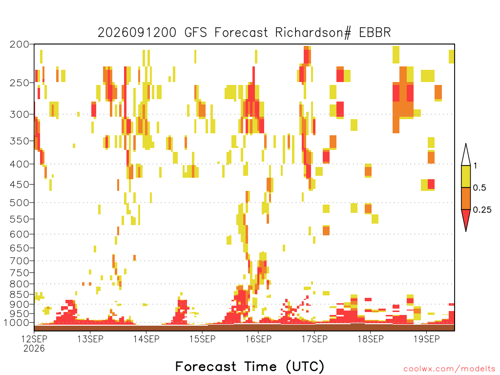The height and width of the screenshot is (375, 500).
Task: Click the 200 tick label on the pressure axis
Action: click(x=20, y=44)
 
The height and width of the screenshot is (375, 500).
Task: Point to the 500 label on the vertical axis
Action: click(x=20, y=203)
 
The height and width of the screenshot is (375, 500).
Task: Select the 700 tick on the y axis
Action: click(x=20, y=261)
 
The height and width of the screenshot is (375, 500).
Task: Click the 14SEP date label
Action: click(x=146, y=339)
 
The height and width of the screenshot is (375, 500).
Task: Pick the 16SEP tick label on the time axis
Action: click(x=259, y=339)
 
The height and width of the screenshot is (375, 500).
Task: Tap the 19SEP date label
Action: click(x=427, y=339)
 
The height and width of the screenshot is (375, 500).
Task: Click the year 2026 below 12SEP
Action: click(x=34, y=349)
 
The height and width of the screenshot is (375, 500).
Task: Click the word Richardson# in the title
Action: click(x=313, y=33)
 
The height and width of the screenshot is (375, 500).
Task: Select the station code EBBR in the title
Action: click(x=375, y=33)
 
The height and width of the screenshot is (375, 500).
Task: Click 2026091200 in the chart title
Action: click(x=137, y=33)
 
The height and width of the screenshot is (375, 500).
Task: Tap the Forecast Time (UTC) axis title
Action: click(x=250, y=366)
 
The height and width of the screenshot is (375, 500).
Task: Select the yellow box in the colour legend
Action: click(x=466, y=176)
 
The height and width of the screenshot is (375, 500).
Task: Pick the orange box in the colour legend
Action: click(x=466, y=198)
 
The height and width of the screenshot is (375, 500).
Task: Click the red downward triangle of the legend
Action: click(x=466, y=218)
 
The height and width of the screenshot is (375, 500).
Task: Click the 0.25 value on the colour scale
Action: click(x=482, y=210)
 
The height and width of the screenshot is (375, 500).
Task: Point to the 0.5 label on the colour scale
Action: click(x=479, y=188)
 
